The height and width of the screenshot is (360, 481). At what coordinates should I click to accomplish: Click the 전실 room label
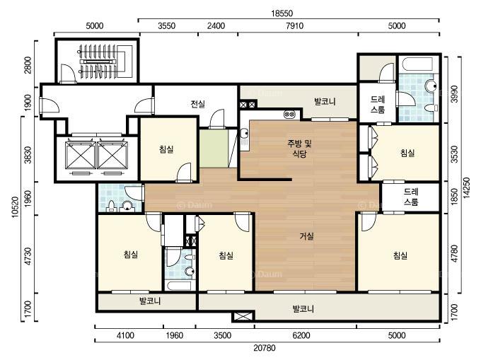point(198,104)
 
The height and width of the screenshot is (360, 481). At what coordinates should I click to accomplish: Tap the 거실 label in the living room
point(306,236)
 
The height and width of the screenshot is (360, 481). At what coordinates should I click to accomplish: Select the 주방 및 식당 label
point(299,149)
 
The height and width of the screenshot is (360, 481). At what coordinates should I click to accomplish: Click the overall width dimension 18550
point(282,13)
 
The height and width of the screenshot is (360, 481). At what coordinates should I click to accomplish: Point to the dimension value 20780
point(265,348)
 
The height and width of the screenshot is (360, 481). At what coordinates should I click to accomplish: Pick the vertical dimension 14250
point(466,187)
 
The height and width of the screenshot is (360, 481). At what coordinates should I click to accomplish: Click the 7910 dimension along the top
point(294,25)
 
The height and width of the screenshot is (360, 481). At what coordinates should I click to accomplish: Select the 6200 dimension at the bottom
point(301,335)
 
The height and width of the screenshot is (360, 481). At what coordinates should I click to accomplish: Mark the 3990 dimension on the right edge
point(455,93)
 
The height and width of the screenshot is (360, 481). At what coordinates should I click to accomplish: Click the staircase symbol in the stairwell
point(98,62)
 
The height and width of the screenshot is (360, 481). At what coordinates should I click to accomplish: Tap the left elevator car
point(81,155)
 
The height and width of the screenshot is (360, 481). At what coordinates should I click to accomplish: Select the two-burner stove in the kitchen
point(290,115)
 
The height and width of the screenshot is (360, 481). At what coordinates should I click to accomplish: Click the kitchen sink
point(245,134)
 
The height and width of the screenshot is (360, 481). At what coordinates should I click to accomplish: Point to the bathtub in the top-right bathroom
point(416,64)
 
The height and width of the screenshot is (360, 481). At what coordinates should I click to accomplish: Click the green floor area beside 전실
point(214,149)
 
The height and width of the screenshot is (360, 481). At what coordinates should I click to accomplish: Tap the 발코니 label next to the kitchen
point(325,102)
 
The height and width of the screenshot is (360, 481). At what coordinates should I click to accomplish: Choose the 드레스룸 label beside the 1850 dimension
point(411,197)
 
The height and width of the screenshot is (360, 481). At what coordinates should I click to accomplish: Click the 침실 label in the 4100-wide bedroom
point(131,254)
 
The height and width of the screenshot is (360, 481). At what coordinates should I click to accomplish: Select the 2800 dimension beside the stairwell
point(28,65)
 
